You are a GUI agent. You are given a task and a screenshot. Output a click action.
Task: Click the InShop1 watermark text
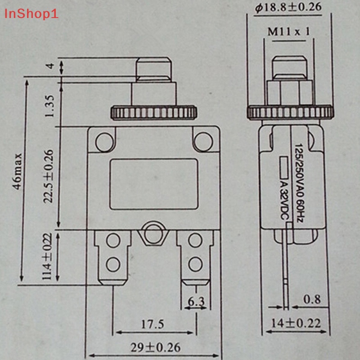coord(31,14)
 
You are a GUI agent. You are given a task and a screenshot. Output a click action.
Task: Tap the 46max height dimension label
coord(17,171)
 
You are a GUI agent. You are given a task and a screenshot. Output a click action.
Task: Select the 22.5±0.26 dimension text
coord(49,176)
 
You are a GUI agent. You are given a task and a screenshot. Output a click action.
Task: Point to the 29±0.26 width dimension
coord(155,347)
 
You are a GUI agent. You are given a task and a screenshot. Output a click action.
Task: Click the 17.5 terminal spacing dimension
coord(153,324)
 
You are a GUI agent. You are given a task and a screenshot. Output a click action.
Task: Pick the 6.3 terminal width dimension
coord(196,301)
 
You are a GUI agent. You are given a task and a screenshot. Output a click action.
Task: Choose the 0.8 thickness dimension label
coord(312,299)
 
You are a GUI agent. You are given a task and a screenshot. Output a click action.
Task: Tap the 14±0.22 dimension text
coord(296,324)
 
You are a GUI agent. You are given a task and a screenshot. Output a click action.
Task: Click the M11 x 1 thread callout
coord(289,31)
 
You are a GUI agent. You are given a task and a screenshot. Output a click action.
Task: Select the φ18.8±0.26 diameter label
coord(288,8)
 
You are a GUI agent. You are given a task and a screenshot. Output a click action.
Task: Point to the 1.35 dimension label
coord(49,106)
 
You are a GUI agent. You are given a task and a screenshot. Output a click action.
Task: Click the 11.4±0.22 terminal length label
coord(47,256)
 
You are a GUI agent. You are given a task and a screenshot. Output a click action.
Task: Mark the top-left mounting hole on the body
coord(104,142)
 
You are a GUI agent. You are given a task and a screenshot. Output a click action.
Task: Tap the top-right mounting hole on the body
coord(203,142)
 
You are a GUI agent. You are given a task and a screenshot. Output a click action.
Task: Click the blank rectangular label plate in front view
coord(154,184)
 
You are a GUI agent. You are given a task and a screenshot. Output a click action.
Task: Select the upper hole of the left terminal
coord(113,240)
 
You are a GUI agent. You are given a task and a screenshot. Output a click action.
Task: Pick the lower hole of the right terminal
coord(195,264)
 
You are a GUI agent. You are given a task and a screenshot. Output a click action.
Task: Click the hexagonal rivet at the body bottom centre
coord(153,233)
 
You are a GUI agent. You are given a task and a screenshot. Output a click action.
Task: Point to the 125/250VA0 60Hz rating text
coord(299,183)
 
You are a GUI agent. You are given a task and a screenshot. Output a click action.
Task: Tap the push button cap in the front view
coord(154,70)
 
